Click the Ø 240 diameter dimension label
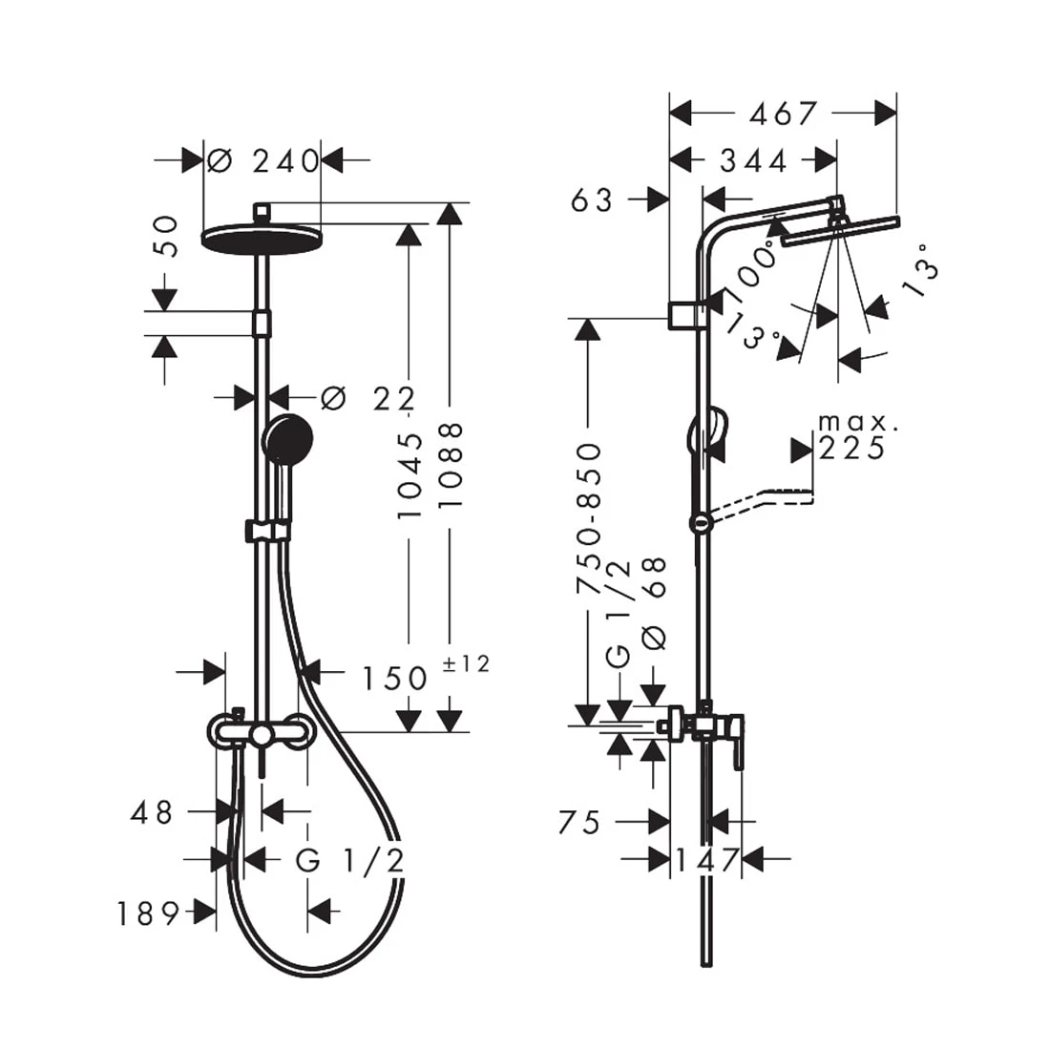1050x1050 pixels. [263, 161]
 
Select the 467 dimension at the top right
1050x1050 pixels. [784, 114]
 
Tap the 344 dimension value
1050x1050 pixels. [754, 161]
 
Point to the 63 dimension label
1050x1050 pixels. [592, 200]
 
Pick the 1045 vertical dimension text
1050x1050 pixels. [409, 474]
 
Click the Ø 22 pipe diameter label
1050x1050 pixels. [368, 398]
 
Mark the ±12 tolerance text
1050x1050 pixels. [467, 663]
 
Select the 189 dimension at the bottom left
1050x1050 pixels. [148, 914]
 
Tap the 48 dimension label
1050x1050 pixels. [152, 813]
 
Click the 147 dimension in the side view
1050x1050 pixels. [706, 860]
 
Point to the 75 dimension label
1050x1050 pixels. [579, 822]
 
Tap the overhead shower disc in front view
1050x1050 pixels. [262, 235]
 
